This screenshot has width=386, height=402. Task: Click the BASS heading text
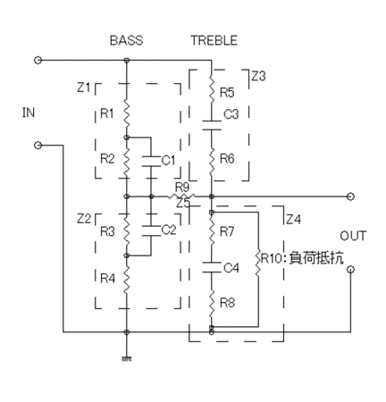coord(127,40)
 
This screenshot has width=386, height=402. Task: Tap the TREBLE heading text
coord(214,40)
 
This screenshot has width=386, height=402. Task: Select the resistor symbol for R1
coord(127,113)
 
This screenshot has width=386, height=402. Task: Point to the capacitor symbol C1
coord(151,161)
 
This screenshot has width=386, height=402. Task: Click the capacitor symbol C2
coord(151,230)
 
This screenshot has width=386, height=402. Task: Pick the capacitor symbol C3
coord(212,125)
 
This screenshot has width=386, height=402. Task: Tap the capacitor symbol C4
coord(212,267)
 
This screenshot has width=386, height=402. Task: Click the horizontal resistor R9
coord(181,197)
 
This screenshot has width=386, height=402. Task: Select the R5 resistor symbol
coord(212,89)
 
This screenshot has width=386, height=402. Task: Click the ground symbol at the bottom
coord(127,359)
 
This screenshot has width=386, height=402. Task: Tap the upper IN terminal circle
coord(38,60)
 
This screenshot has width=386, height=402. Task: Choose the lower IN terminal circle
coord(38,146)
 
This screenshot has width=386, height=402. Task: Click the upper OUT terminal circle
coord(351,197)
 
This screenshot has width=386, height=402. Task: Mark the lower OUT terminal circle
coord(351,270)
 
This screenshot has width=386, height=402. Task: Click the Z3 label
coord(258,77)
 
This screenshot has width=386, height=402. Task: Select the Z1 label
coord(84,88)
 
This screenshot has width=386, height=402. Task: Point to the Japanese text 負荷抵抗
coord(316,257)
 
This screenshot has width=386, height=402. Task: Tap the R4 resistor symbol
coord(127,279)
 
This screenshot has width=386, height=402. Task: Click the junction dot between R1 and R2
coord(127,138)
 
